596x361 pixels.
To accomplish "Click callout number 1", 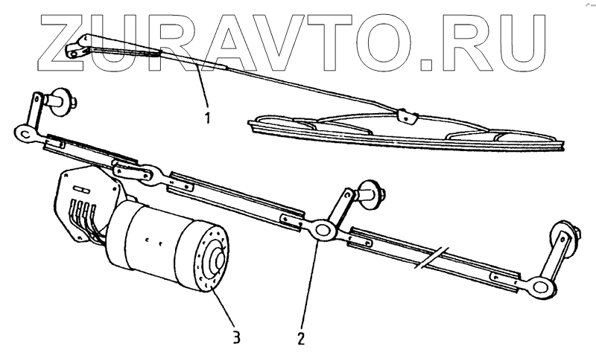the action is point(208,118).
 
